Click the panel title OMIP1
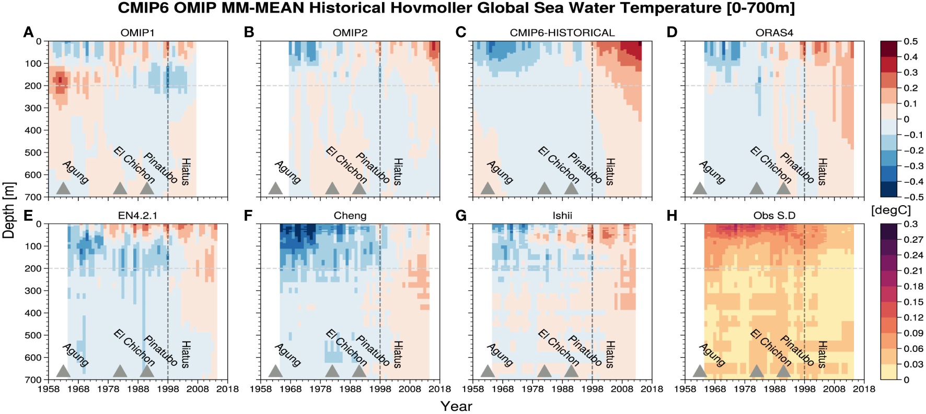(x=137, y=32)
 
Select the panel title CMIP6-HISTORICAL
(x=562, y=32)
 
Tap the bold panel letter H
(x=672, y=215)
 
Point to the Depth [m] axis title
(x=9, y=210)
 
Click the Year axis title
(x=456, y=406)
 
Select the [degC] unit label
(x=890, y=210)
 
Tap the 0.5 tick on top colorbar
(x=910, y=41)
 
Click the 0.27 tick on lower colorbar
(x=913, y=239)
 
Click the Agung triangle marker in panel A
(x=63, y=188)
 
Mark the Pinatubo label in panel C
(x=585, y=168)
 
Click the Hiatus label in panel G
(x=609, y=354)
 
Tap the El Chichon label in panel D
(x=770, y=165)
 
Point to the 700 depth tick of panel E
(x=32, y=380)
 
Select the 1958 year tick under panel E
(x=48, y=389)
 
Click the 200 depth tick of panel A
(x=32, y=86)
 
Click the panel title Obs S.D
(x=774, y=215)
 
